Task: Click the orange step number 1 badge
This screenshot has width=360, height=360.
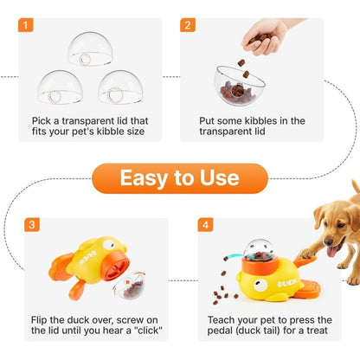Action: pos(32,25)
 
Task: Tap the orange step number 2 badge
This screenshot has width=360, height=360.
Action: pos(188,25)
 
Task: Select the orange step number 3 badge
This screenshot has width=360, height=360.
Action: pos(32,224)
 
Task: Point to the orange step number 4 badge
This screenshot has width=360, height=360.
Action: pos(205,224)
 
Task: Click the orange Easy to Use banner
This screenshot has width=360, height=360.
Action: pos(179,178)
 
